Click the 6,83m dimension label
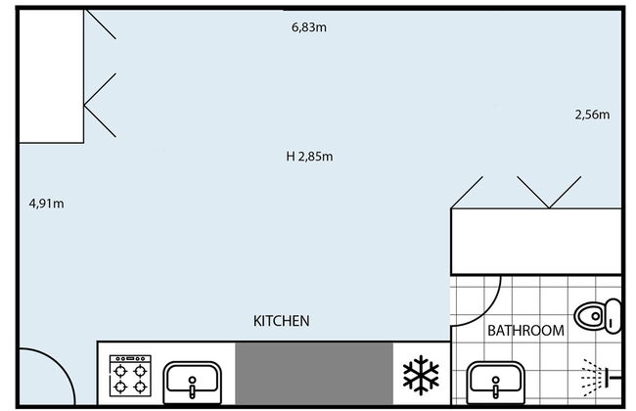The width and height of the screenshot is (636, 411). (x=309, y=27)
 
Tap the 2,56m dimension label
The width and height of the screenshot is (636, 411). (x=592, y=114)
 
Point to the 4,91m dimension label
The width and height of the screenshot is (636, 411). (x=47, y=204)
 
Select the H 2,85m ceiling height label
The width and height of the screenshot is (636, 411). (x=309, y=157)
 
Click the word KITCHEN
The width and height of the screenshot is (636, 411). (x=282, y=321)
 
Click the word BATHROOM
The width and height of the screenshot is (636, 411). (x=525, y=331)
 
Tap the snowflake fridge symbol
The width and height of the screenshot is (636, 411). (x=421, y=375)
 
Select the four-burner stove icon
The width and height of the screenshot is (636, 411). (x=130, y=376)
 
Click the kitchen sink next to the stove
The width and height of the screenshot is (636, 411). (x=192, y=383)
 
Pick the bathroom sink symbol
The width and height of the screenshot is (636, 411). (x=496, y=383)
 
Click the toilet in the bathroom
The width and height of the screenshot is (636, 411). (x=598, y=316)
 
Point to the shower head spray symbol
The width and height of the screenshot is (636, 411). (x=601, y=378)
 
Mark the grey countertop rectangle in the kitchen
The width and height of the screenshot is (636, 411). (x=314, y=374)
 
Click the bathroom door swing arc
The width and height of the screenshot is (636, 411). (x=489, y=311)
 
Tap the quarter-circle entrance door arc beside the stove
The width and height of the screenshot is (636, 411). (x=61, y=363)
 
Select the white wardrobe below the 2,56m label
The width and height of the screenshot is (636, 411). (x=536, y=242)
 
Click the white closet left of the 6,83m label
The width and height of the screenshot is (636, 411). (x=52, y=76)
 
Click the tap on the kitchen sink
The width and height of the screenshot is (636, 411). (x=192, y=388)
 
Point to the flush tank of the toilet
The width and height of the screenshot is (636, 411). (x=614, y=316)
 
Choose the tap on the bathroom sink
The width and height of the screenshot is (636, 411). (x=496, y=388)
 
